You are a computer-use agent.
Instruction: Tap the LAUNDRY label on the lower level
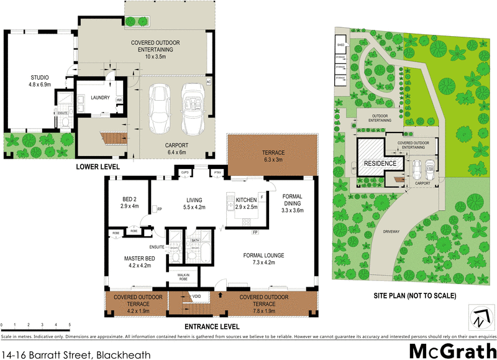(x=100, y=98)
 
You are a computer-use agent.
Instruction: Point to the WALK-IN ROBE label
(x=183, y=277)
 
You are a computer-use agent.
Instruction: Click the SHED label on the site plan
(x=340, y=45)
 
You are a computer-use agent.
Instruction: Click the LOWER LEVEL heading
(x=98, y=167)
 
